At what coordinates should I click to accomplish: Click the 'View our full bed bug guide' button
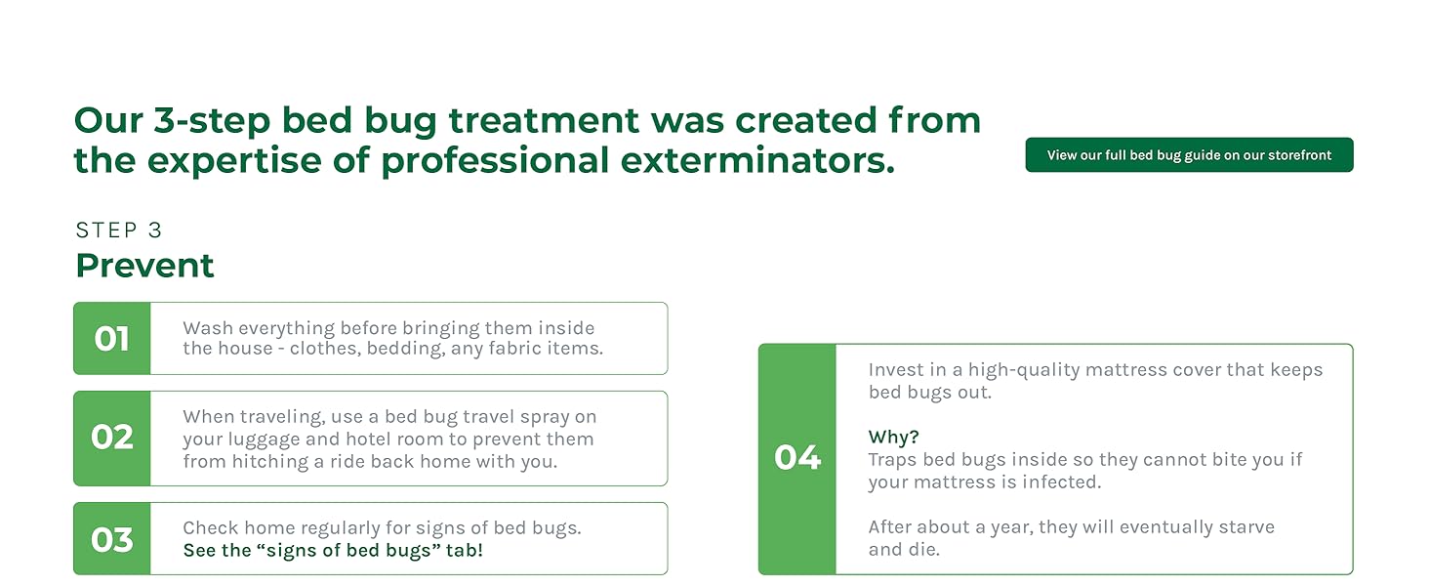pos(1189,155)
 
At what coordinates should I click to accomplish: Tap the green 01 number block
pos(112,339)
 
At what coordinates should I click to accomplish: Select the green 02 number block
pos(112,439)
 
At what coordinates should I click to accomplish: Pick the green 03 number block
pos(112,539)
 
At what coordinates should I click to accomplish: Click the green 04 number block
pos(797,459)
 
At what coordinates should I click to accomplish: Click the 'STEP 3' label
pos(119,230)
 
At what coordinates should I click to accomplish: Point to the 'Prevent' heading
pos(144,266)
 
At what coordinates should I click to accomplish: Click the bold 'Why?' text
pos(893,438)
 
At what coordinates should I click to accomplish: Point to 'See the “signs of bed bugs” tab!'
pos(333,551)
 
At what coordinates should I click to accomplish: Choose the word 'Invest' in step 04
pos(896,370)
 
